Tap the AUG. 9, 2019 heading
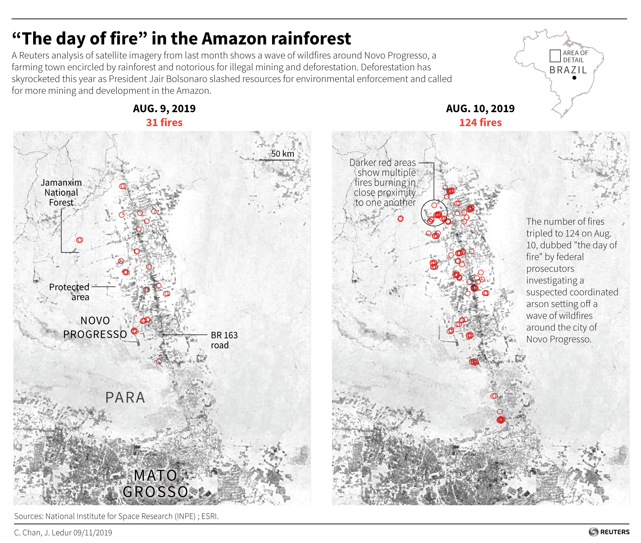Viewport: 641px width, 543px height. pos(164,108)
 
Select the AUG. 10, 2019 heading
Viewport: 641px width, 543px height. pos(480,108)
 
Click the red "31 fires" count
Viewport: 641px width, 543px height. pos(164,123)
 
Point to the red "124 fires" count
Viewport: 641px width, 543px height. pos(480,123)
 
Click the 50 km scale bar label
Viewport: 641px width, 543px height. pos(282,154)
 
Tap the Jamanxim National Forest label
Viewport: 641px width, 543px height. pos(61,192)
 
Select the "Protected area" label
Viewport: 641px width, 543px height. pos(69,292)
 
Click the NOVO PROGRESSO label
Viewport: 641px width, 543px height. pos(95,327)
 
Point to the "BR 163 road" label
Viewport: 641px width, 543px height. pos(224,340)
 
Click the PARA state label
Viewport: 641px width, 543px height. pos(125,398)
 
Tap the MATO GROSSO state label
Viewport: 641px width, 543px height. pos(155,483)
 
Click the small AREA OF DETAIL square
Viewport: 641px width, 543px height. pos(555,56)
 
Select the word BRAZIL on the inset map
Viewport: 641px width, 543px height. pos(568,70)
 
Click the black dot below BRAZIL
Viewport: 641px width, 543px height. pos(574,78)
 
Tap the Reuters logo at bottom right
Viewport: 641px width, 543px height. pos(609,532)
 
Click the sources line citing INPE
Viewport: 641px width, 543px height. pos(116,516)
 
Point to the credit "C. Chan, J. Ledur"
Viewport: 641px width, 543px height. pos(63,533)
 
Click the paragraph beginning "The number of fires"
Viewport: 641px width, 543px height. pos(572,280)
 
